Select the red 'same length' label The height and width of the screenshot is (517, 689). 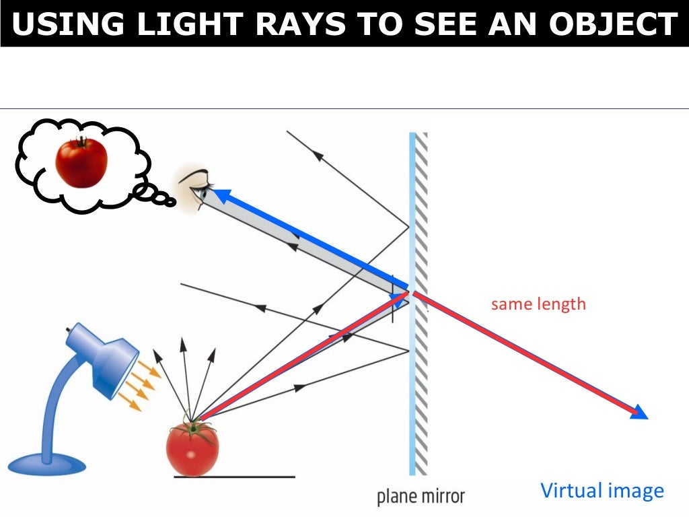[538, 304]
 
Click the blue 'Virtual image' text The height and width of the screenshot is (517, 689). [602, 491]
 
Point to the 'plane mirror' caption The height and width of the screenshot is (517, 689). [421, 497]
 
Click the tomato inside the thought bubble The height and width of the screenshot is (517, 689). [81, 162]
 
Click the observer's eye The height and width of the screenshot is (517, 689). [201, 192]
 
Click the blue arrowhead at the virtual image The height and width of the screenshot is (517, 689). [639, 413]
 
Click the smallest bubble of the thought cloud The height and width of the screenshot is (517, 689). [170, 201]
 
